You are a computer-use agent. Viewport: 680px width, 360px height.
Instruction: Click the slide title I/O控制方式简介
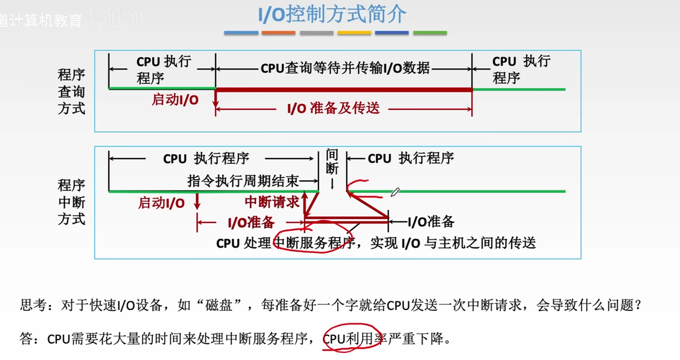point(332,15)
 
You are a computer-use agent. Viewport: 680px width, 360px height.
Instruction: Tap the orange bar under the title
point(278,33)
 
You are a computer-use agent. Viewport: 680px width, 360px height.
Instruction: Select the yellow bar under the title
point(354,33)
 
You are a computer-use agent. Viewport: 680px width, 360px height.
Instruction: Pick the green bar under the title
point(430,33)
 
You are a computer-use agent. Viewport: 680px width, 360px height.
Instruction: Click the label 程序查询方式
point(71,92)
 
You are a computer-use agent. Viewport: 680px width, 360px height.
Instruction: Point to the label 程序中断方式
point(71,202)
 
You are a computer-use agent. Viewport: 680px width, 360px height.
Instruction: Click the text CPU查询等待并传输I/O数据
point(345,69)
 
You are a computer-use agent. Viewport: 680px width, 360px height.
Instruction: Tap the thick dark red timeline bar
point(343,89)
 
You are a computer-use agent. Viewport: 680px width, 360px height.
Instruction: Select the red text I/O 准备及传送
point(333,109)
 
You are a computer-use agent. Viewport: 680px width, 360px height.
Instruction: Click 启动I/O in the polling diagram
point(175,100)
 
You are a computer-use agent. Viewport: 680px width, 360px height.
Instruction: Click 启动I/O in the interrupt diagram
point(161,203)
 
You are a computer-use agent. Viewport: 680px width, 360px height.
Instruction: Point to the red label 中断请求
point(272,202)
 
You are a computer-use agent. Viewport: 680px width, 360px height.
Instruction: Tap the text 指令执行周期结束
point(243,181)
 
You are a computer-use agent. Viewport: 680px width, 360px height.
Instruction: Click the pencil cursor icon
point(395,192)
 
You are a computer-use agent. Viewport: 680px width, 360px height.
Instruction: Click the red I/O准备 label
point(251,223)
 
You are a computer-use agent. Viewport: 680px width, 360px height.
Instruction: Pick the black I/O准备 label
point(431,222)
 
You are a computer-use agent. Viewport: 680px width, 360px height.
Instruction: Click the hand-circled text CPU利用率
point(349,340)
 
